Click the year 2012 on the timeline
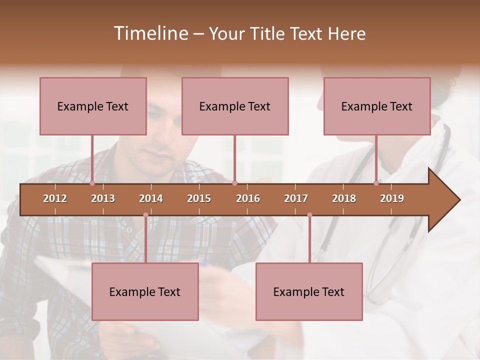(x=55, y=198)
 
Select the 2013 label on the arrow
(x=103, y=198)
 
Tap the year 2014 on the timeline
(x=151, y=198)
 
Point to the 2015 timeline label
(x=199, y=198)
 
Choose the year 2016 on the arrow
(x=248, y=198)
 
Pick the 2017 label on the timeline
(x=296, y=198)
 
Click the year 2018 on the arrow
(x=344, y=198)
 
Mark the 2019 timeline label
(x=392, y=198)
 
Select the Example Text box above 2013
(x=93, y=106)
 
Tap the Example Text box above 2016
(x=235, y=106)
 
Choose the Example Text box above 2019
(x=377, y=106)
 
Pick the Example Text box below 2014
(x=145, y=291)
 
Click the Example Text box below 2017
(x=309, y=291)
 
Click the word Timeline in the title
(x=150, y=33)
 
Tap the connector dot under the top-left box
(x=92, y=183)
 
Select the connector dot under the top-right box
(x=376, y=183)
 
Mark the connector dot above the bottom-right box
(x=309, y=215)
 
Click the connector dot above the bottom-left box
(x=145, y=215)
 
